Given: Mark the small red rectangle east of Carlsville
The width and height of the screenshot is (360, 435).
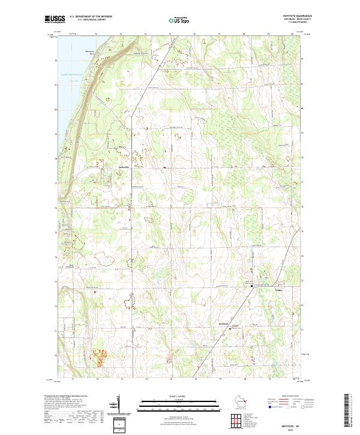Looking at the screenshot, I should [x=164, y=167].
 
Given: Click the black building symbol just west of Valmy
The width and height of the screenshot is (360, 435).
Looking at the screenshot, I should [x=251, y=286].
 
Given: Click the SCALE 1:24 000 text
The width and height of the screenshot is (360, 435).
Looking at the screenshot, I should [x=179, y=395].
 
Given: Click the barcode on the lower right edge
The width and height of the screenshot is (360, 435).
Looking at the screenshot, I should [x=347, y=410].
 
